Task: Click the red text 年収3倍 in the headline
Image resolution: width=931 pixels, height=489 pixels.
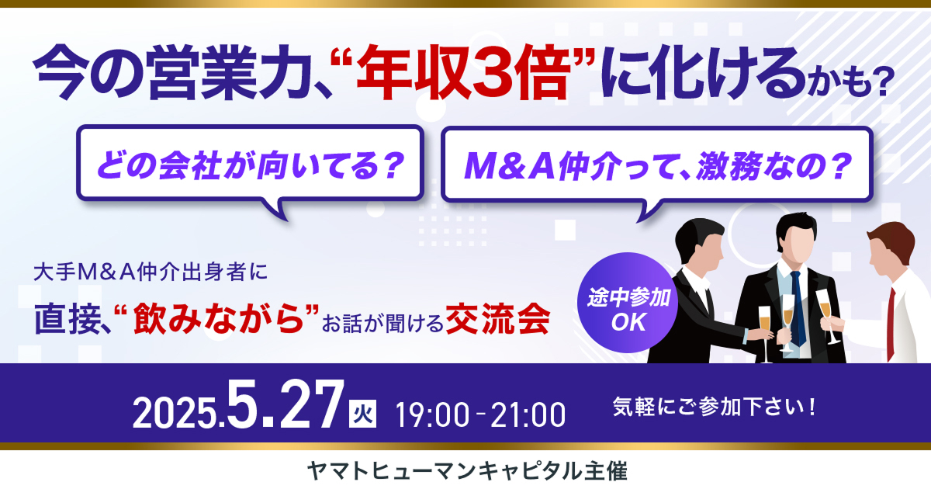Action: [x=462, y=73]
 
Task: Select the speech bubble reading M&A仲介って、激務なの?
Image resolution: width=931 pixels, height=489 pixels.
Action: [x=656, y=165]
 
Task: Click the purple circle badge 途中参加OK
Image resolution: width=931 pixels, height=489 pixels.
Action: [x=628, y=302]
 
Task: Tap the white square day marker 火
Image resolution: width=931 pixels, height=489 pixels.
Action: [x=362, y=414]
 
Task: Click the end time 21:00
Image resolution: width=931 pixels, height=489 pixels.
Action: [x=528, y=414]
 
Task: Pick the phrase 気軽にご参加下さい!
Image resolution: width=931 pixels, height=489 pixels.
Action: [x=714, y=407]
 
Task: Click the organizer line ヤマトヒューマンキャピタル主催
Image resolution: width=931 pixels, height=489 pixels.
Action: [x=467, y=472]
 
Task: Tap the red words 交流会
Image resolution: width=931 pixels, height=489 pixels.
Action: [x=498, y=319]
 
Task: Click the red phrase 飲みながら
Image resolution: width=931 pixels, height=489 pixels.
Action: [x=218, y=319]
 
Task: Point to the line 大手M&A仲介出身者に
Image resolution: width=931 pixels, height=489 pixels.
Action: [x=151, y=272]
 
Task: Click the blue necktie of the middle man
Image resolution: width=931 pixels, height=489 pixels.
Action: [x=798, y=307]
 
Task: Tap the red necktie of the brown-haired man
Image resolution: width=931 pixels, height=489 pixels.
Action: [x=891, y=324]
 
